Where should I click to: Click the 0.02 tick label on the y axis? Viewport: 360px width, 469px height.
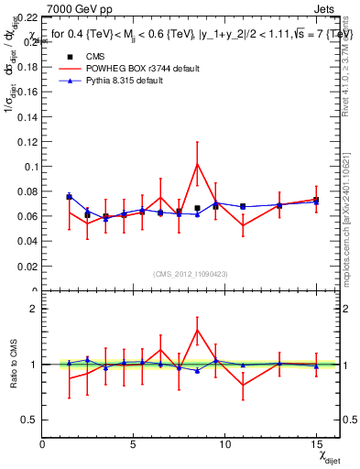[27, 267]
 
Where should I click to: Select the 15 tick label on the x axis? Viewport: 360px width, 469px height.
[316, 443]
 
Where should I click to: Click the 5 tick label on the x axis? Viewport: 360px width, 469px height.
[134, 443]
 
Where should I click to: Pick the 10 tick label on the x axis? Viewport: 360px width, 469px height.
[224, 443]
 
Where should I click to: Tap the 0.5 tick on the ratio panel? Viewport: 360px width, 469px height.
[29, 420]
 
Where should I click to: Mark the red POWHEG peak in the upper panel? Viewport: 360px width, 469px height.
[197, 164]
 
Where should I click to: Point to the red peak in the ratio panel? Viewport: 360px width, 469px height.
[197, 331]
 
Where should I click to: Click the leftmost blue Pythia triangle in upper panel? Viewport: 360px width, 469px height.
[70, 196]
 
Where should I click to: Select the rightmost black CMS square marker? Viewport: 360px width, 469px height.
[316, 200]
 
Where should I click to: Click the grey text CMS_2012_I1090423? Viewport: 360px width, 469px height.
[191, 274]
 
